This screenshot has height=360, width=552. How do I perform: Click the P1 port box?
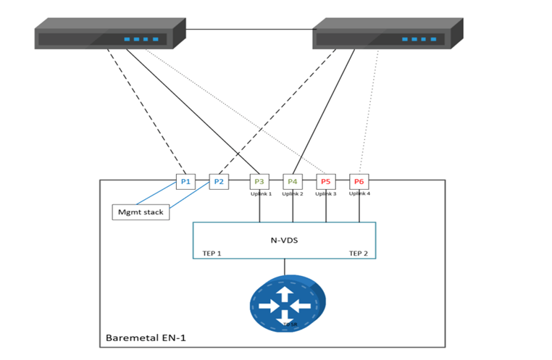(x=186, y=181)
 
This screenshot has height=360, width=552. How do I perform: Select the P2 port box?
(x=219, y=181)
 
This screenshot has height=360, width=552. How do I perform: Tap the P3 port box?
(x=259, y=181)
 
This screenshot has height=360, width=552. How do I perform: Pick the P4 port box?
(x=293, y=181)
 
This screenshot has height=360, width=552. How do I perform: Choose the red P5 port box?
(x=326, y=181)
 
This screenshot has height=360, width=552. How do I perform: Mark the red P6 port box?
(x=359, y=181)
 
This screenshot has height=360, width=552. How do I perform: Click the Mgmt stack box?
(x=141, y=212)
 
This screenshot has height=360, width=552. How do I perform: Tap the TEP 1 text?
(x=212, y=253)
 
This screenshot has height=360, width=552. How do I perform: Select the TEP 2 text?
(x=358, y=253)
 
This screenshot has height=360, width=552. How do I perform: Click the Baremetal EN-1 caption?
(x=145, y=338)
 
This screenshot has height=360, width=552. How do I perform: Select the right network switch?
(x=388, y=35)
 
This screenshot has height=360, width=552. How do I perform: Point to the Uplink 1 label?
(x=261, y=194)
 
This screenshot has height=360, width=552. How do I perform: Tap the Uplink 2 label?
(x=293, y=194)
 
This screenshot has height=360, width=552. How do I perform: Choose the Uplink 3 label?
(x=326, y=194)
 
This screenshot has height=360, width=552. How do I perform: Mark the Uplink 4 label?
(x=359, y=193)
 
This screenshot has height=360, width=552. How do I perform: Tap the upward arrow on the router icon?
(x=285, y=293)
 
